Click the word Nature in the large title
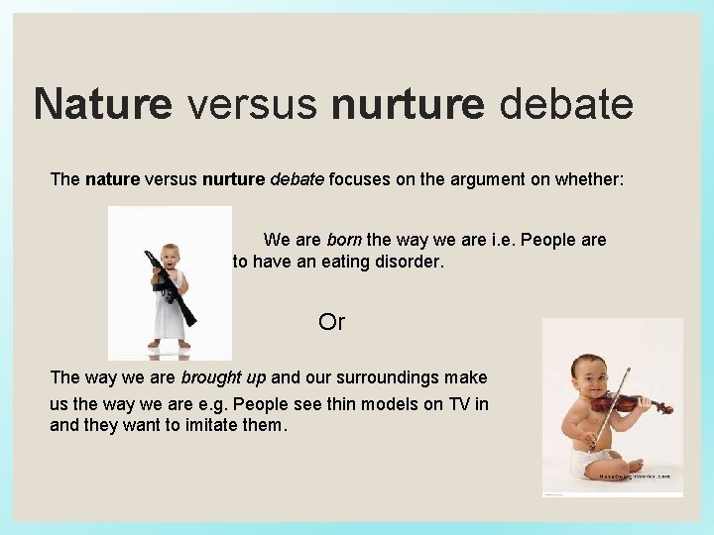click(x=102, y=104)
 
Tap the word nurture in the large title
click(x=408, y=104)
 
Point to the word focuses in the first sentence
click(x=361, y=179)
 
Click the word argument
click(x=473, y=179)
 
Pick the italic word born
click(x=344, y=240)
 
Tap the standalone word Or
click(x=331, y=322)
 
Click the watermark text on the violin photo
click(x=635, y=476)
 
